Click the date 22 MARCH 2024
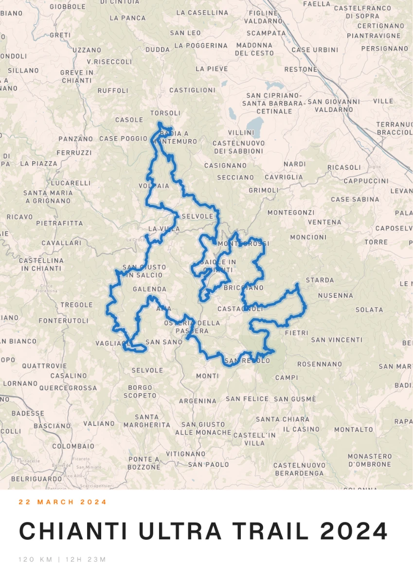point(63,502)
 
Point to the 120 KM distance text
point(36,559)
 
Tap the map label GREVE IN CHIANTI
point(76,76)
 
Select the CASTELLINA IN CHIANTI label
point(41,265)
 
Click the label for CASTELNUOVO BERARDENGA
point(299,469)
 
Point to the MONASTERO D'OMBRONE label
point(369,460)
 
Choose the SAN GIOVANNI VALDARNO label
point(334,106)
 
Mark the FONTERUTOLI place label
point(63,321)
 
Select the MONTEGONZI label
point(291,213)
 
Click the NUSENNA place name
point(335,295)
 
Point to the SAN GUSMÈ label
point(295,399)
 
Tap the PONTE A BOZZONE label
point(144,463)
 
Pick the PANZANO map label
point(75,139)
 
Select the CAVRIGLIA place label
point(284,177)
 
